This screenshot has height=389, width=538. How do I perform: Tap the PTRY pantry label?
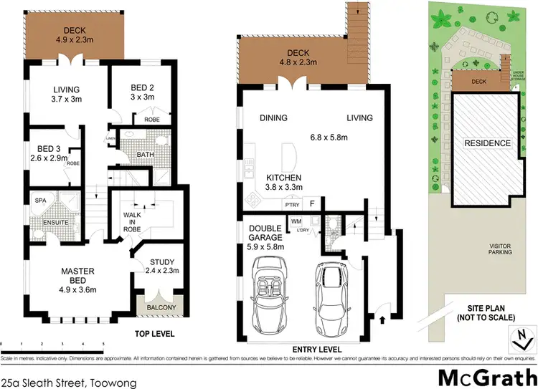pos(291,204)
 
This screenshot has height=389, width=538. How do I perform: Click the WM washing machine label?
pos(296,221)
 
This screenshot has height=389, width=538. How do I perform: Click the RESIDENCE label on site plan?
pos(487,143)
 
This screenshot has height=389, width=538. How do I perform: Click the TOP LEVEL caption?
pos(155,334)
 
